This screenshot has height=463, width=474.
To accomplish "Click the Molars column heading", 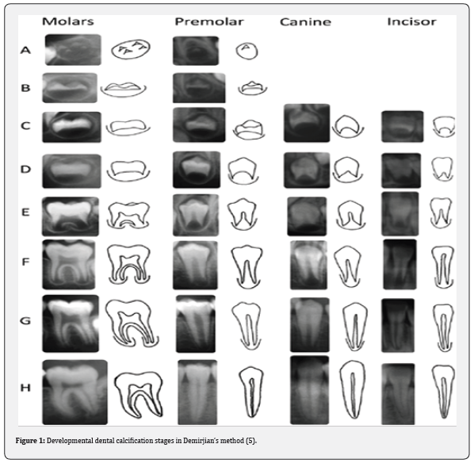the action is [x=68, y=21].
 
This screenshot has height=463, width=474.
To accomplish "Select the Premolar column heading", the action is [x=209, y=21].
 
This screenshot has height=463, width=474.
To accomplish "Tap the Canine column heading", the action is [x=305, y=21].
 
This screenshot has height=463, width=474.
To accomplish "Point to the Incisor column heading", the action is [x=411, y=21].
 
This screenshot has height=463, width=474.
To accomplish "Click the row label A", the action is [x=25, y=50].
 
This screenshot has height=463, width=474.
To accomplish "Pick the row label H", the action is [x=25, y=388].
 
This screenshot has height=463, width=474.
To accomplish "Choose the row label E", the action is [x=25, y=212].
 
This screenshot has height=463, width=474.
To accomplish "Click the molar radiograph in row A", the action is [x=73, y=50].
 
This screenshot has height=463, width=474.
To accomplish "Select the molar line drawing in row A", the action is [x=131, y=49].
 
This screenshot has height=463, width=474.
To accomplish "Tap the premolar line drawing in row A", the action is [x=247, y=51].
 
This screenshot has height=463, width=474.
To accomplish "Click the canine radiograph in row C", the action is [x=307, y=123].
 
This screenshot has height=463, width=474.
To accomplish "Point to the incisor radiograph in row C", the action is [x=403, y=126].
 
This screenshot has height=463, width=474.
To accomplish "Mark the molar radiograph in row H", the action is [x=75, y=392].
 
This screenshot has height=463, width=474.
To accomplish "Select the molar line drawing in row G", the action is [x=132, y=323].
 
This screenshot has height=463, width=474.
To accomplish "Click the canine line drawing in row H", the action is [x=353, y=389].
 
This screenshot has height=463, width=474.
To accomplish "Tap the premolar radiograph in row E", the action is [x=196, y=215].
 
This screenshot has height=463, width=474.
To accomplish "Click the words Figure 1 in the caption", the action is [x=30, y=440].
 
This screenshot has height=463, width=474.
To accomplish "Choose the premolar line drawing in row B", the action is [x=252, y=88].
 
